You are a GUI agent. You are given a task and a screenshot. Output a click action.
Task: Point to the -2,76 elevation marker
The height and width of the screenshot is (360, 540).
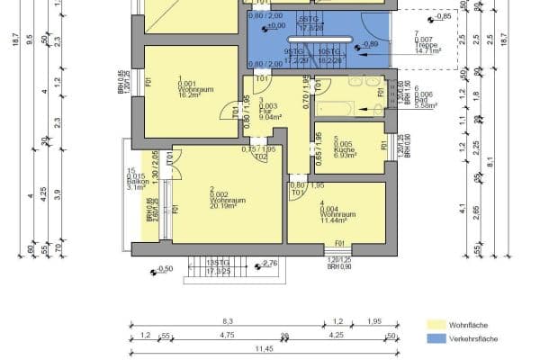[x=269, y=263]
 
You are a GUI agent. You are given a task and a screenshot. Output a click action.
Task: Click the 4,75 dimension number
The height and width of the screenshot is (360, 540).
[x=228, y=335]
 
